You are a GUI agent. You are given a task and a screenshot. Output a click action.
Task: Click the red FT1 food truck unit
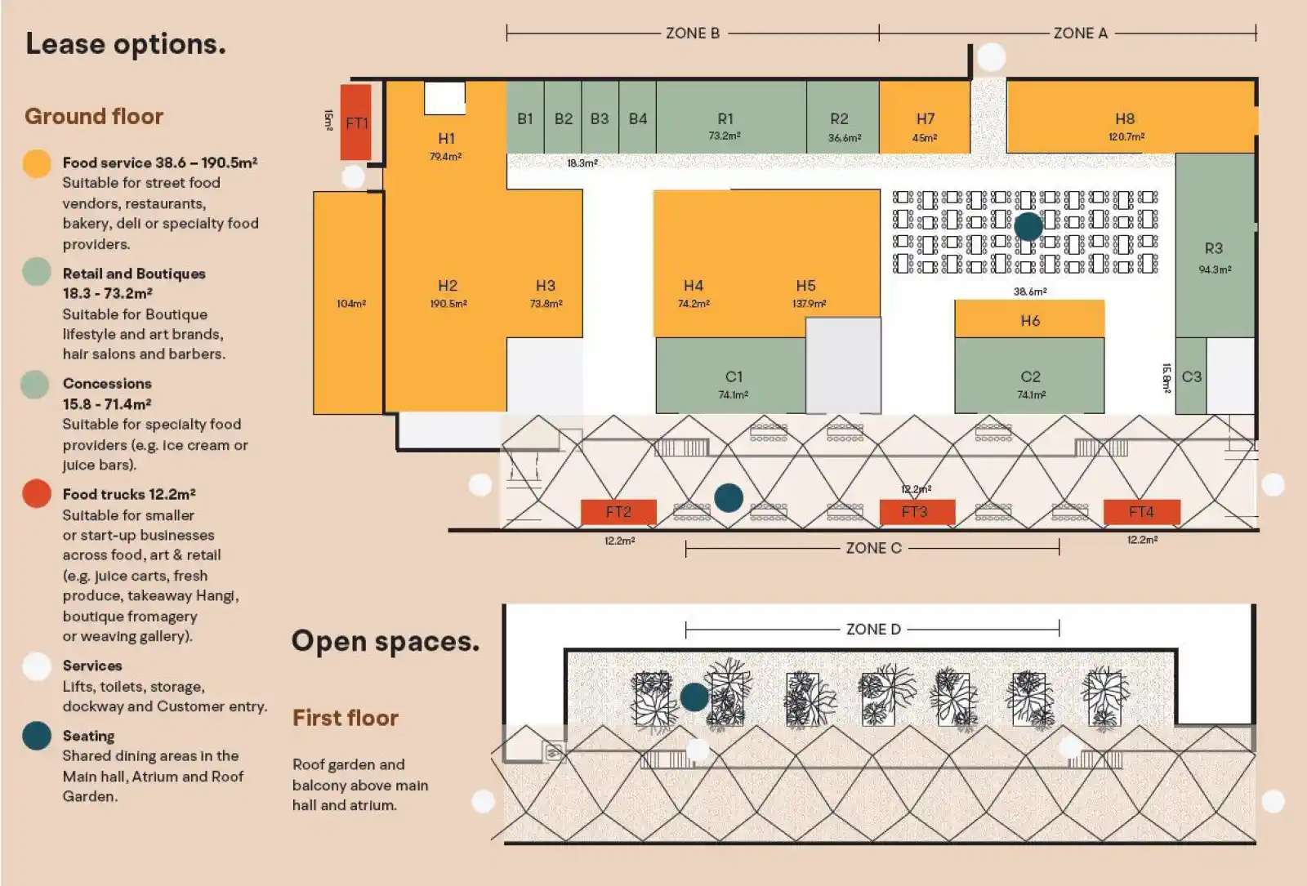pyautogui.click(x=355, y=122)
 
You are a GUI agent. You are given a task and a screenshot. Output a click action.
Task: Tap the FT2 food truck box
pyautogui.click(x=618, y=512)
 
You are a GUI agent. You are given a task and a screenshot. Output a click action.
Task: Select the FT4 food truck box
pyautogui.click(x=1141, y=512)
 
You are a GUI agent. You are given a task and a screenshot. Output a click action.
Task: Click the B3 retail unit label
pyautogui.click(x=600, y=119)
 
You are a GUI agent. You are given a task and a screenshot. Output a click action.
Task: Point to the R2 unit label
pyautogui.click(x=839, y=119)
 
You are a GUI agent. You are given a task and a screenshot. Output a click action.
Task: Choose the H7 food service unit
pyautogui.click(x=925, y=119)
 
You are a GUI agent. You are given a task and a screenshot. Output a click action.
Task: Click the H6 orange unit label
pyautogui.click(x=1030, y=321)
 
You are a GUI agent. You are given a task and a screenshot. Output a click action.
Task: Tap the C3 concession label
pyautogui.click(x=1191, y=376)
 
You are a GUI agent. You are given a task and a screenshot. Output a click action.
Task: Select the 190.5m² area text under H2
pyautogui.click(x=448, y=304)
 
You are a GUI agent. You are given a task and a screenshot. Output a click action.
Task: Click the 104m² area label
pyautogui.click(x=351, y=304)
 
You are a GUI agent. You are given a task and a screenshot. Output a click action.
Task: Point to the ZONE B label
pyautogui.click(x=693, y=33)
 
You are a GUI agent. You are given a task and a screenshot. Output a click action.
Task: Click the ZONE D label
pyautogui.click(x=873, y=630)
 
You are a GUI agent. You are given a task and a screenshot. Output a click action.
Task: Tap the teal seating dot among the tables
pyautogui.click(x=1028, y=226)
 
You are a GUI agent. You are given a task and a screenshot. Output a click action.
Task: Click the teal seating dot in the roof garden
pyautogui.click(x=694, y=697)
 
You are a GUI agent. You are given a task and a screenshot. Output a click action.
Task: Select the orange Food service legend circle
pyautogui.click(x=37, y=163)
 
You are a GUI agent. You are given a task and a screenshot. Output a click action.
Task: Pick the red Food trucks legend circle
pyautogui.click(x=37, y=494)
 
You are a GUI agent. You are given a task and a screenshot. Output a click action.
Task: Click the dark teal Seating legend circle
pyautogui.click(x=37, y=736)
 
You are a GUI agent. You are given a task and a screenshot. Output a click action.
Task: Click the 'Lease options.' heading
pyautogui.click(x=126, y=44)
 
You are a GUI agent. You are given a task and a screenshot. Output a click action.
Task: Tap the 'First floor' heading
pyautogui.click(x=346, y=718)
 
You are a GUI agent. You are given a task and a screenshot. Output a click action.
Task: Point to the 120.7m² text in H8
pyautogui.click(x=1126, y=137)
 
